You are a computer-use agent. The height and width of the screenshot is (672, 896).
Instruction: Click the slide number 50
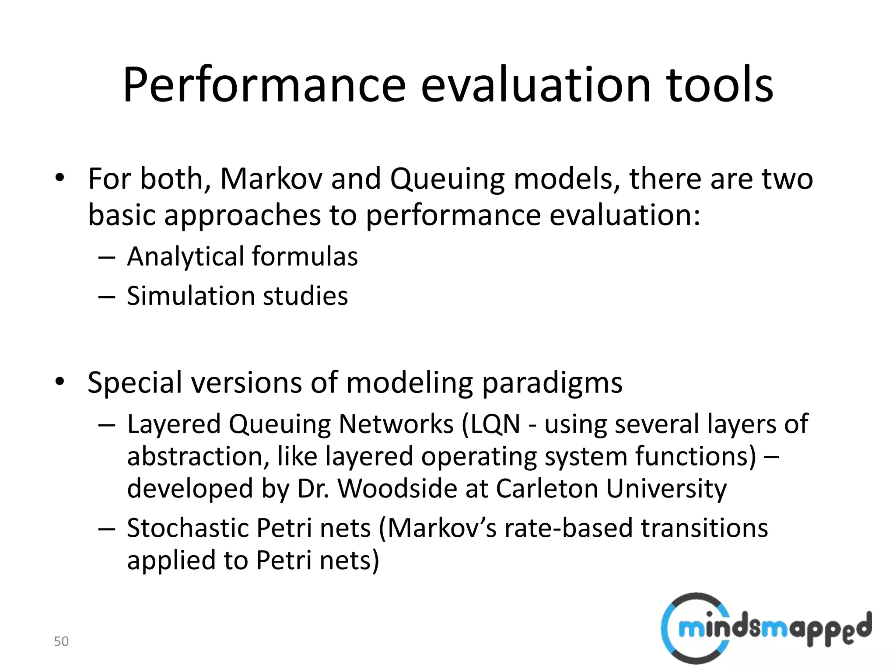61,641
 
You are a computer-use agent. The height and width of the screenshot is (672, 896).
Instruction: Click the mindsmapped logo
766,628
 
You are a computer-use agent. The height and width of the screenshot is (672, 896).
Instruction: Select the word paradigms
552,383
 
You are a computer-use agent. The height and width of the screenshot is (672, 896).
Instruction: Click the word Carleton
546,488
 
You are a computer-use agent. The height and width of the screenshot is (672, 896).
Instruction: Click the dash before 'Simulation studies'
106,297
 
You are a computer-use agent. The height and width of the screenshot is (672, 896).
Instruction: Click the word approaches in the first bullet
242,215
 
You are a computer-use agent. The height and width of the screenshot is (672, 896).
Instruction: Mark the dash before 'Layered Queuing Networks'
106,425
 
